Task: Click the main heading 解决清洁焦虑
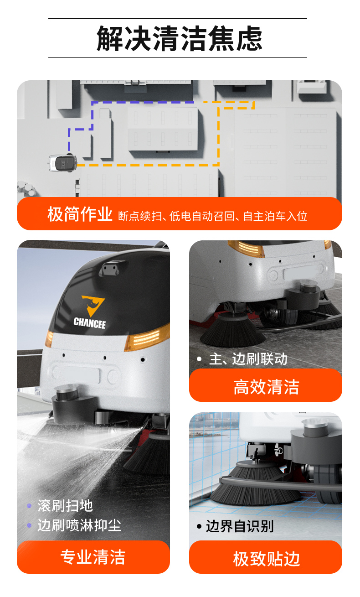180,38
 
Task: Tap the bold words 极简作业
80,214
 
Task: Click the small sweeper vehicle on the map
62,162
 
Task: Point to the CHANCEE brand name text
90,323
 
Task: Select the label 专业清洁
93,557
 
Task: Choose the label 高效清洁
266,387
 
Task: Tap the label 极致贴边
266,558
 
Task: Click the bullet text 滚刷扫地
65,505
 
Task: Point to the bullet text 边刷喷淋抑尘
79,525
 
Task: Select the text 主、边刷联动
248,359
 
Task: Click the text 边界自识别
240,526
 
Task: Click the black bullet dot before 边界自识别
199,526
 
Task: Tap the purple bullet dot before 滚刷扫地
29,506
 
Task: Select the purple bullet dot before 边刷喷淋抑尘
29,526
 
